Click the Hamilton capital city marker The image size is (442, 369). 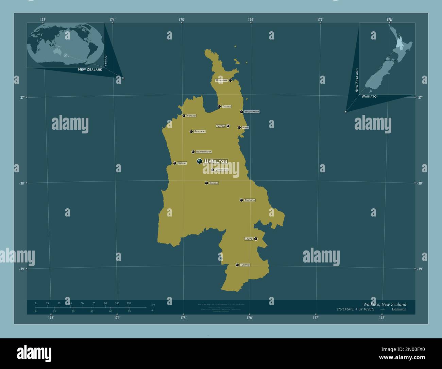click(x=200, y=161)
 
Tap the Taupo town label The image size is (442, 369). click(x=249, y=239)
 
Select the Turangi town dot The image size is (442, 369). click(x=237, y=265)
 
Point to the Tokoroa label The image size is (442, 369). click(x=250, y=200)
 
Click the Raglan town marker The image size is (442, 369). click(x=175, y=163)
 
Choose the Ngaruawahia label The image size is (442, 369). click(x=204, y=152)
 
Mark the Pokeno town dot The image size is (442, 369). click(x=184, y=116)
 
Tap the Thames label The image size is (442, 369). click(x=226, y=107)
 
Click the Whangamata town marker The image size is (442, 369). click(x=242, y=112)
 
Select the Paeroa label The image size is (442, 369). click(x=221, y=126)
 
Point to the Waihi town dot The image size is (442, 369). click(x=239, y=128)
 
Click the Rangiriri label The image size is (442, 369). click(x=200, y=131)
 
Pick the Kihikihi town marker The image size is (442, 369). click(x=206, y=183)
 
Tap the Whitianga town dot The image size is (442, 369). click(x=230, y=80)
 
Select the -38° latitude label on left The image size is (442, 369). click(x=21, y=183)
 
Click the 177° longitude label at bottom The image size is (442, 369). click(x=316, y=318)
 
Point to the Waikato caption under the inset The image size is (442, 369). click(x=369, y=97)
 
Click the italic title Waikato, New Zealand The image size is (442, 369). click(x=384, y=304)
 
